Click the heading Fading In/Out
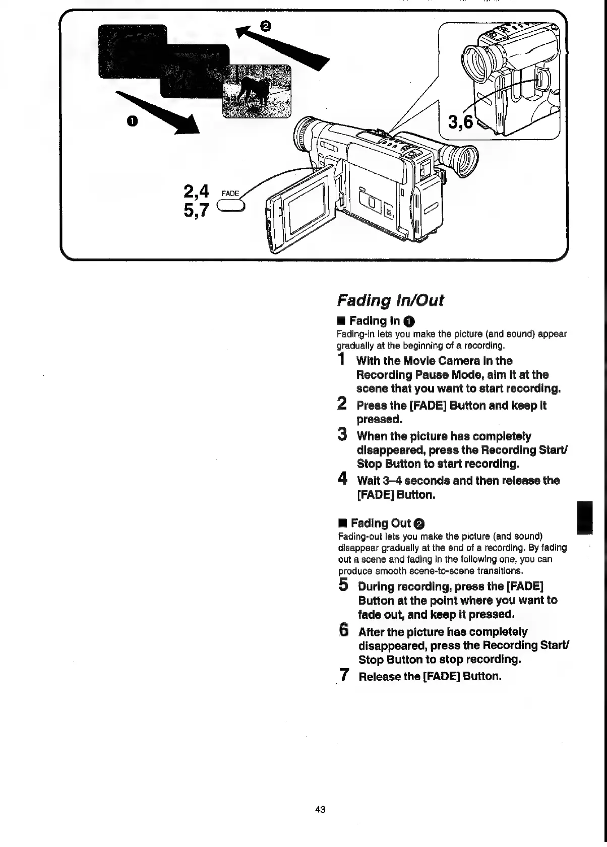coord(390,300)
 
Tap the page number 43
coord(320,809)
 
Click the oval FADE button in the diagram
coord(230,207)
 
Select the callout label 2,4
coord(196,191)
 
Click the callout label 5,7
coord(196,210)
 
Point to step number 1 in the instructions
coord(342,360)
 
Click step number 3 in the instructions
coord(342,434)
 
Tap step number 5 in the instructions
coord(343,585)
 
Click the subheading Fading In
coord(376,321)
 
